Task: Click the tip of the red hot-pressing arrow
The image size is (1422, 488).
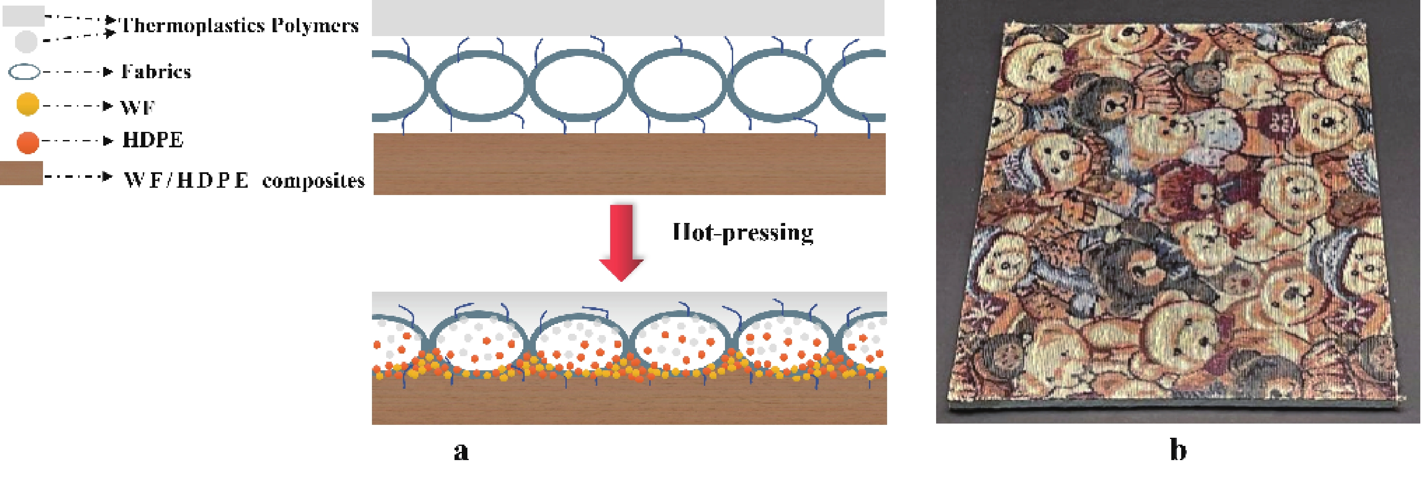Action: coord(621,281)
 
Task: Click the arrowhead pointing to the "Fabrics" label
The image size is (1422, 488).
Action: coord(109,72)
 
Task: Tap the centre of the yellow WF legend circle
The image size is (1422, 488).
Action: coord(28,104)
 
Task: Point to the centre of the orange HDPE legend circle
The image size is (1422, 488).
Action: coord(28,142)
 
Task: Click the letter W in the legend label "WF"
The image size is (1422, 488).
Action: coord(130,107)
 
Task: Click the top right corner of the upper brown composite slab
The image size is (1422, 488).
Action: coord(885,134)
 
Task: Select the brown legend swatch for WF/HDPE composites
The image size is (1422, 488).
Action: coord(21,173)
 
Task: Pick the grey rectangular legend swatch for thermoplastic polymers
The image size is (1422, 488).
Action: coord(23,16)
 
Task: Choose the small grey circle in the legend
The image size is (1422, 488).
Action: coord(26,41)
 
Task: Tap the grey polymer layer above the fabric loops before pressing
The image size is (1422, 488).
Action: coord(628,18)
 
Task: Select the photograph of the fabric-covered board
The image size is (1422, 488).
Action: coord(1178,212)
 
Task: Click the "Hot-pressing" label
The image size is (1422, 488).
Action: coord(743,232)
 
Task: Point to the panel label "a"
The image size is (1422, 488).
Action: coord(461,451)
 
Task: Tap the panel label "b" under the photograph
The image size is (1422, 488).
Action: coord(1178,449)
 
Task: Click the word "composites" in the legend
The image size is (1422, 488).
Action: coord(313,181)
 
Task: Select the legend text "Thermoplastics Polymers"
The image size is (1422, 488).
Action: coord(240,25)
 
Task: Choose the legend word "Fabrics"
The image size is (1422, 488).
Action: coord(156,72)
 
